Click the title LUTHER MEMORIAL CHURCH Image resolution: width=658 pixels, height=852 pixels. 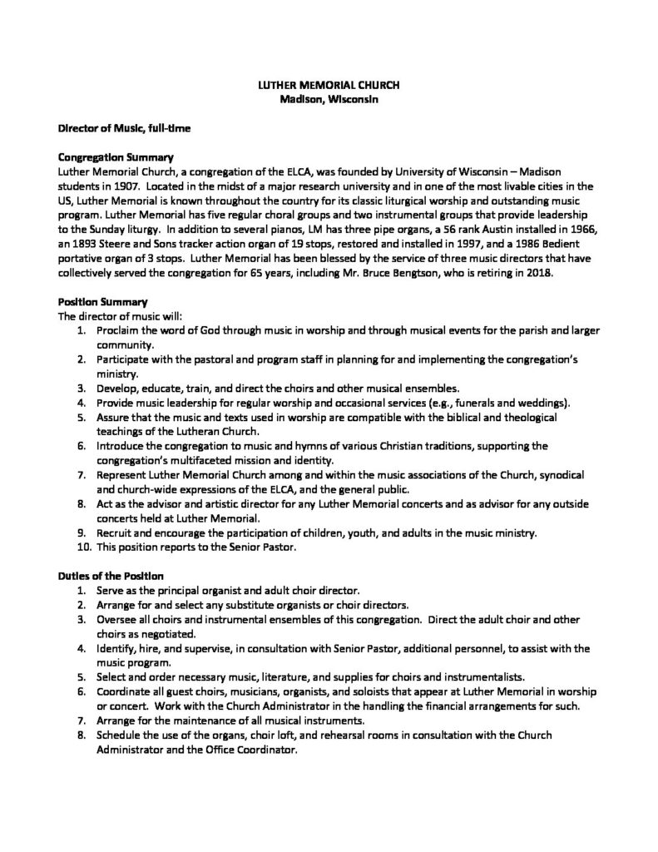point(329,86)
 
